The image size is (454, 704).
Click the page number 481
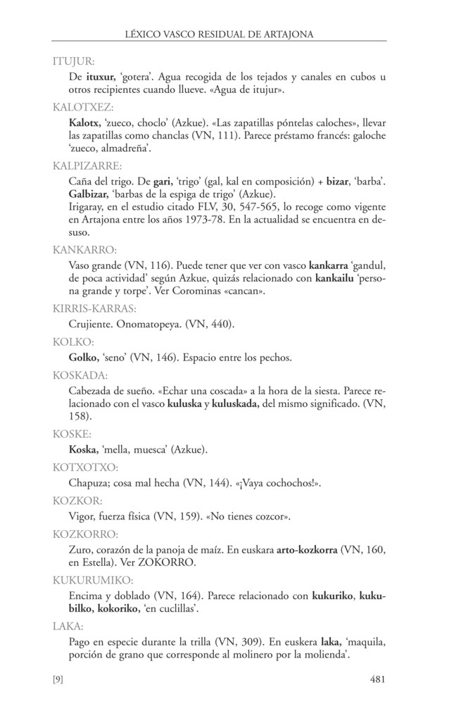pyautogui.click(x=377, y=679)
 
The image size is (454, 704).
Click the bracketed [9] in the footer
pyautogui.click(x=59, y=679)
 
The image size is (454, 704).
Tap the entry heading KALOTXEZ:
pyautogui.click(x=83, y=109)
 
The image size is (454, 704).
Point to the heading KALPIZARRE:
pyautogui.click(x=87, y=167)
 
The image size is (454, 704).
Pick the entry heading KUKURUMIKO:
pyautogui.click(x=93, y=581)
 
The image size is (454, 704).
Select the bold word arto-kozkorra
pyautogui.click(x=309, y=548)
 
